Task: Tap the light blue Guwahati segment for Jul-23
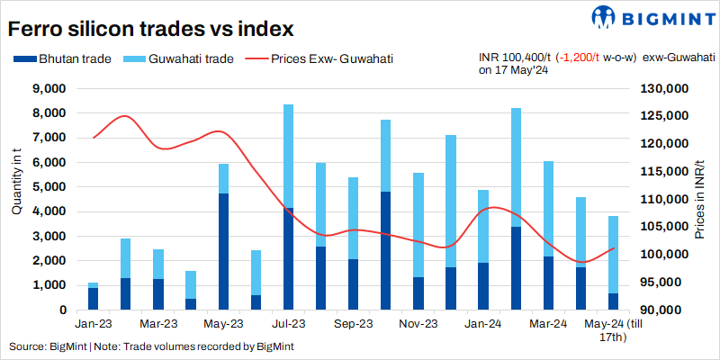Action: coord(288,156)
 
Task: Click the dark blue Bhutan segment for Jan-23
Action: coord(93,299)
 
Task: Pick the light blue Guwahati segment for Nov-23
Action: coord(418,224)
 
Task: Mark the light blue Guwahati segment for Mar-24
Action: coord(548,209)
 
